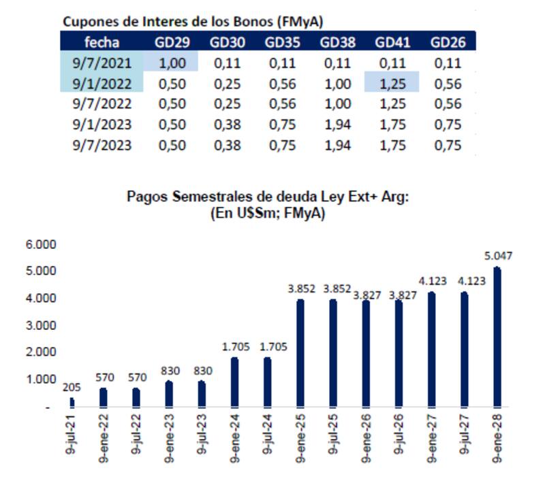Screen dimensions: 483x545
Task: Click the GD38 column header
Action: (x=337, y=42)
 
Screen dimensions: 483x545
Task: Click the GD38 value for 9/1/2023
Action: (x=337, y=124)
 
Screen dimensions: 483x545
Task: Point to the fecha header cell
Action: (x=102, y=42)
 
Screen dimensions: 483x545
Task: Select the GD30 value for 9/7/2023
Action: (x=227, y=145)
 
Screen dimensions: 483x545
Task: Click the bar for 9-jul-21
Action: (x=73, y=402)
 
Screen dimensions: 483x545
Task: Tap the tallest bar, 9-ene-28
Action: (x=497, y=337)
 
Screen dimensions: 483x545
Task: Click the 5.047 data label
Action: (x=499, y=256)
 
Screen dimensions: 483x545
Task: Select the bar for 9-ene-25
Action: (x=300, y=353)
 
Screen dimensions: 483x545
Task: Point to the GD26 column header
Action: (x=448, y=42)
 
